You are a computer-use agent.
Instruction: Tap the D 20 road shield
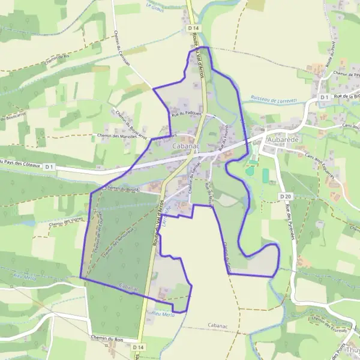pos(284,196)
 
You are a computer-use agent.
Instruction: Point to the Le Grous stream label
pos(155,7)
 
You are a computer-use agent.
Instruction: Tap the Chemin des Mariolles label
pos(117,136)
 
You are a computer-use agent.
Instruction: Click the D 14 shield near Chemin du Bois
pos(139,347)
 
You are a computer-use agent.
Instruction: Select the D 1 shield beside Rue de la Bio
pos(324,97)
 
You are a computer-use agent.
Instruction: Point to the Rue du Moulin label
pos(209,195)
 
